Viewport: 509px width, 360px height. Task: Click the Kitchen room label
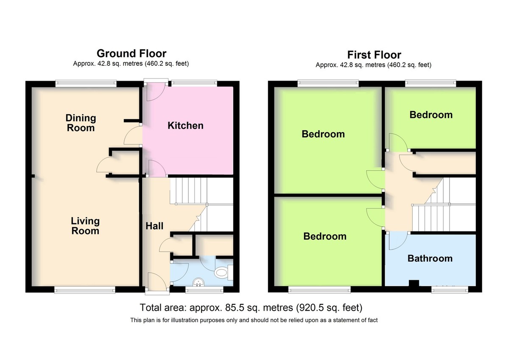[x=185, y=126]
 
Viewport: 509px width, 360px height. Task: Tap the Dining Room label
[x=81, y=123]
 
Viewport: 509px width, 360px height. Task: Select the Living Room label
[x=85, y=226]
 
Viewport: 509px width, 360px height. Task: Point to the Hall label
[x=154, y=226]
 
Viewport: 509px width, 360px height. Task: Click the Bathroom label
[x=430, y=259]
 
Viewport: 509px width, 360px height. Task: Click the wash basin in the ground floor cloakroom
[x=199, y=282]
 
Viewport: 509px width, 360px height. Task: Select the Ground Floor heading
[x=131, y=53]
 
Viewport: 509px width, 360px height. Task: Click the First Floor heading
[x=374, y=55]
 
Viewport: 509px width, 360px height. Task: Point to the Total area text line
[x=251, y=307]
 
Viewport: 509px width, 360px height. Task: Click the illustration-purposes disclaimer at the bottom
[x=254, y=320]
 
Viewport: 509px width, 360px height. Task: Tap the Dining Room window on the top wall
[x=86, y=84]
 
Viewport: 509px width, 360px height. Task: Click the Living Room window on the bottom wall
[x=85, y=290]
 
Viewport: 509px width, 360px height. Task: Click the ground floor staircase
[x=201, y=205]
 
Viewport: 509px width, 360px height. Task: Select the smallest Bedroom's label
[x=431, y=115]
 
